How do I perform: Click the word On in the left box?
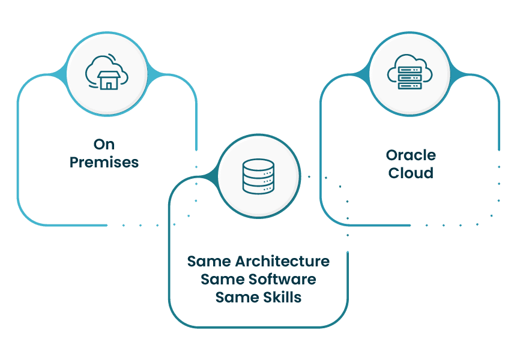pos(104,144)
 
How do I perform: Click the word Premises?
pos(104,162)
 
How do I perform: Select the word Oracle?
pos(411,155)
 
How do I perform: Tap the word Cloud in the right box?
pos(411,173)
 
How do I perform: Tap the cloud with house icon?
pos(106,73)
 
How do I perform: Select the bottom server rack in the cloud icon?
pos(410,86)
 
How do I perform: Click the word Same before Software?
pos(223,279)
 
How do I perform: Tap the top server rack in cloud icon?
pos(410,70)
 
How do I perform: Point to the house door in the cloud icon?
pos(108,85)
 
